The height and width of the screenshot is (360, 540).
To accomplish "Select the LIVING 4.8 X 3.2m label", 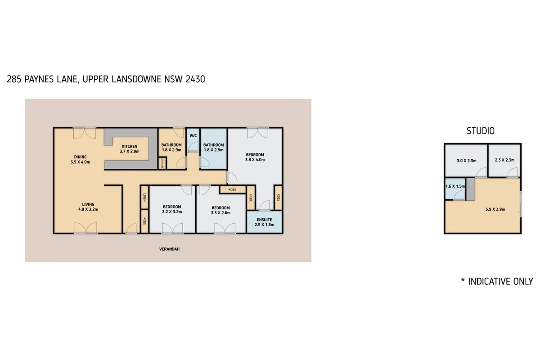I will point(88,207).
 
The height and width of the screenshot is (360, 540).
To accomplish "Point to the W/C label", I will point(193,135).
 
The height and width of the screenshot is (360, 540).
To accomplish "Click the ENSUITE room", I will point(264,222).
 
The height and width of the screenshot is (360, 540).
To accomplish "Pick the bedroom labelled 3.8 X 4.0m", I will point(255,157).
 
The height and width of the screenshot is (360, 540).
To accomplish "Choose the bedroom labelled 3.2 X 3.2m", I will point(172,210).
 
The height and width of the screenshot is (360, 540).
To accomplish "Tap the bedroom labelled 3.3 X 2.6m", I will point(221,210).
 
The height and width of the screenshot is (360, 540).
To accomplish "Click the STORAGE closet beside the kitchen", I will point(162,163).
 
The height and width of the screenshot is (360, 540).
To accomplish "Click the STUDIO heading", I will point(481,131).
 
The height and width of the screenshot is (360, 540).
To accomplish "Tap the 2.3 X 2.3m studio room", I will point(504,160).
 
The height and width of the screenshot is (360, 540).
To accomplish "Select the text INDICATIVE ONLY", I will point(500,282).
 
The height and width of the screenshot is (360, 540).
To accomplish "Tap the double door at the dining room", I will point(85,130).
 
